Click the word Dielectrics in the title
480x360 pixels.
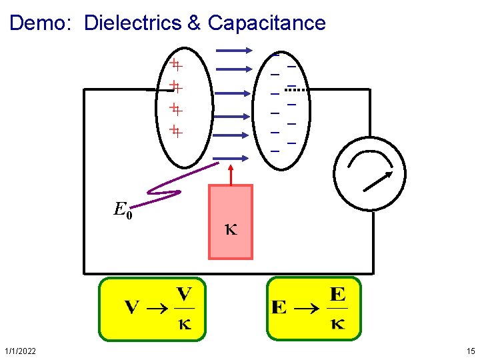[x=133, y=23]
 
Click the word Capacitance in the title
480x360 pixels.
[x=267, y=23]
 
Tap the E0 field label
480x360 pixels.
[x=123, y=211]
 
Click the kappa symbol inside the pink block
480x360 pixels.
[x=231, y=231]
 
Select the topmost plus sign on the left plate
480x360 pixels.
[x=176, y=65]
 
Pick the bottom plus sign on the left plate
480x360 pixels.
[x=176, y=130]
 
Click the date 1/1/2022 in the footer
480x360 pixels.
[x=20, y=351]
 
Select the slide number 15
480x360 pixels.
[x=471, y=351]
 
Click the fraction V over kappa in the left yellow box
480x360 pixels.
[x=184, y=309]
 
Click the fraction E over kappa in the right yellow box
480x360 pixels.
[x=337, y=309]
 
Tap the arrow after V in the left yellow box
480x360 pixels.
[x=157, y=308]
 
